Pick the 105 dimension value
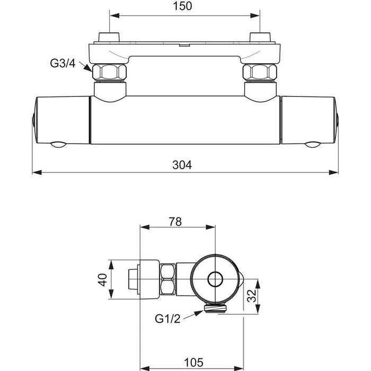point(195,363)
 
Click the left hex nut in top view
point(110,73)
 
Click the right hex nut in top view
point(260,73)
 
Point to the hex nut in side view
point(169,279)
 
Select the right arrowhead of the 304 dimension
point(335,172)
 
